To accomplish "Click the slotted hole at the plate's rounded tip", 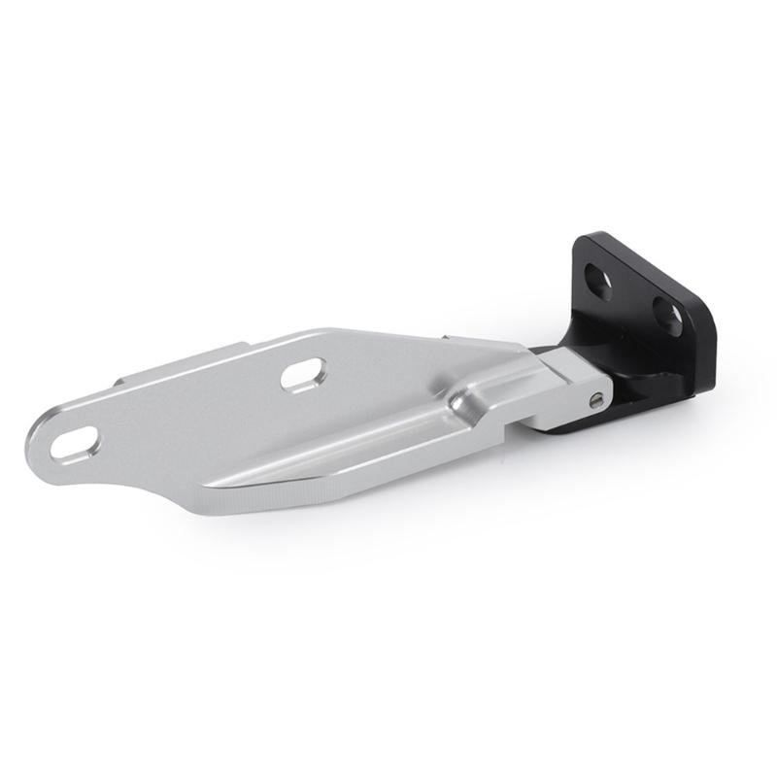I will (x=75, y=443).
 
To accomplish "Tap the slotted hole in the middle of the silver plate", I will (x=304, y=374).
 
